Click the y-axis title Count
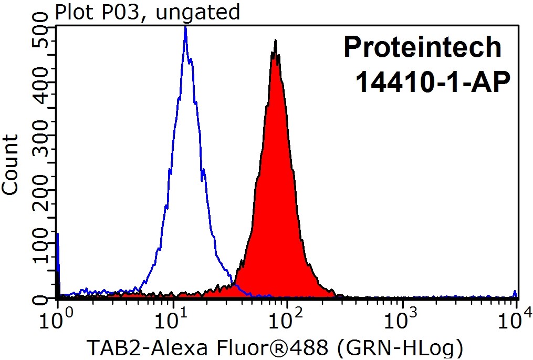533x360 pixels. [x=11, y=164]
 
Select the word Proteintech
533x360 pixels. [x=422, y=47]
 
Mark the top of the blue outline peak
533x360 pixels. [x=185, y=28]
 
